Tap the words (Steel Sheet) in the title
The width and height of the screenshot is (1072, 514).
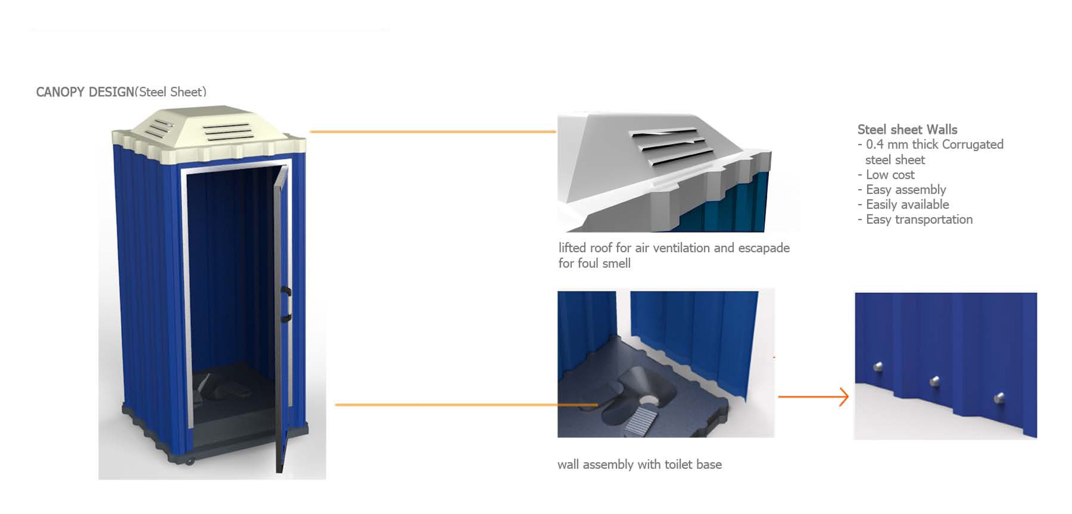[171, 92]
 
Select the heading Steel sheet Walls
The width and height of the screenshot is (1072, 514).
[907, 129]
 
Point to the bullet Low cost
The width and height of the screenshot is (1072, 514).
[890, 175]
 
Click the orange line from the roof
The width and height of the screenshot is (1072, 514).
[433, 132]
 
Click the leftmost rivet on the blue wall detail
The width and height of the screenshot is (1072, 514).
[878, 366]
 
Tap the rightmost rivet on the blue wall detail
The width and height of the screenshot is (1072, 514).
[999, 398]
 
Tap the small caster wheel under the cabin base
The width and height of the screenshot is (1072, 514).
[190, 461]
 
